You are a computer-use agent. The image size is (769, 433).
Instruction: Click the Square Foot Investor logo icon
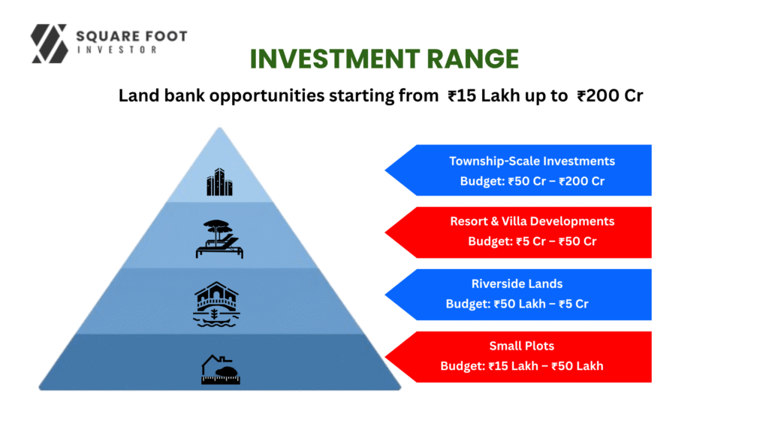pyautogui.click(x=49, y=44)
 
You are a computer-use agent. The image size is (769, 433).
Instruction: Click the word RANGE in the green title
pyautogui.click(x=472, y=59)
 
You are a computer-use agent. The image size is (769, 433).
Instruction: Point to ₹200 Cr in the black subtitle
pyautogui.click(x=610, y=95)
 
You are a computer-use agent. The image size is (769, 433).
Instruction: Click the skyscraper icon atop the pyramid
pyautogui.click(x=219, y=182)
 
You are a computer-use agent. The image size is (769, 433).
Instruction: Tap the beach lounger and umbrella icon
pyautogui.click(x=219, y=239)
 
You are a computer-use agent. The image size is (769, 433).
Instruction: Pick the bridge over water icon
pyautogui.click(x=216, y=304)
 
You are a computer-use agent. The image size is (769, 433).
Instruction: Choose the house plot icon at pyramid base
pyautogui.click(x=221, y=369)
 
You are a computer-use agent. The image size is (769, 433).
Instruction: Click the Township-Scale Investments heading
pyautogui.click(x=532, y=161)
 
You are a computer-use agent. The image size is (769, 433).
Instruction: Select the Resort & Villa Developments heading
pyautogui.click(x=532, y=222)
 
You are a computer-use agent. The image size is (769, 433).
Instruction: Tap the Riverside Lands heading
pyautogui.click(x=517, y=283)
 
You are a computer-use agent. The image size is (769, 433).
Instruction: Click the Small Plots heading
pyautogui.click(x=522, y=346)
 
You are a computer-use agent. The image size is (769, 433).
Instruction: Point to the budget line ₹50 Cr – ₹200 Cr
pyautogui.click(x=532, y=181)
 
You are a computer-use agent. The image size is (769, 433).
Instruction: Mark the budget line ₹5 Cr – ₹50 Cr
pyautogui.click(x=532, y=241)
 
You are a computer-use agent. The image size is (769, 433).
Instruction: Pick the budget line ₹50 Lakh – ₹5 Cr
pyautogui.click(x=517, y=304)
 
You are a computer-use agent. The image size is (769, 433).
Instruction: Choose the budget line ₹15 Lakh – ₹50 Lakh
pyautogui.click(x=522, y=366)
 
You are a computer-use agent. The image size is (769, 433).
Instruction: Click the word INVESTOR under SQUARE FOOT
pyautogui.click(x=117, y=50)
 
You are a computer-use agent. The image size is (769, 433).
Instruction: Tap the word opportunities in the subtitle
pyautogui.click(x=267, y=95)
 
